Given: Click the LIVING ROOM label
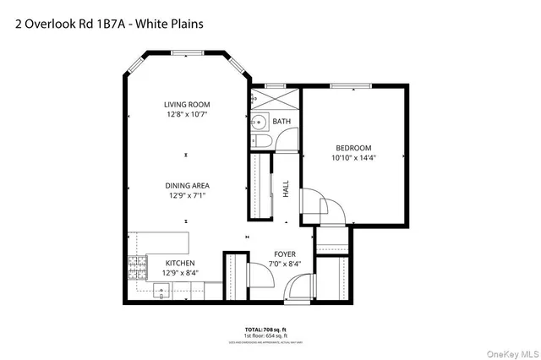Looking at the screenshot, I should tap(187, 105).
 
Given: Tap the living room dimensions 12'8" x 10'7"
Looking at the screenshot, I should tap(187, 114).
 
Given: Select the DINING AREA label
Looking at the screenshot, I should tap(188, 185).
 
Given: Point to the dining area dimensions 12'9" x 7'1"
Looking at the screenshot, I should tap(188, 195).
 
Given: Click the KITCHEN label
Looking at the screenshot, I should tap(180, 263).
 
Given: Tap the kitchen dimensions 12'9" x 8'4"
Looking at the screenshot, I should tap(180, 273).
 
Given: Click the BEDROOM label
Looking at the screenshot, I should tap(352, 146).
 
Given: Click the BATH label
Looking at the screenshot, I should tap(281, 122).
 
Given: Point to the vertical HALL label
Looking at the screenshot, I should tap(286, 188).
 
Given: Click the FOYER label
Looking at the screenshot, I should tap(284, 254).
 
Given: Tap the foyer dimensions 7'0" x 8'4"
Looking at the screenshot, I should tap(284, 264).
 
